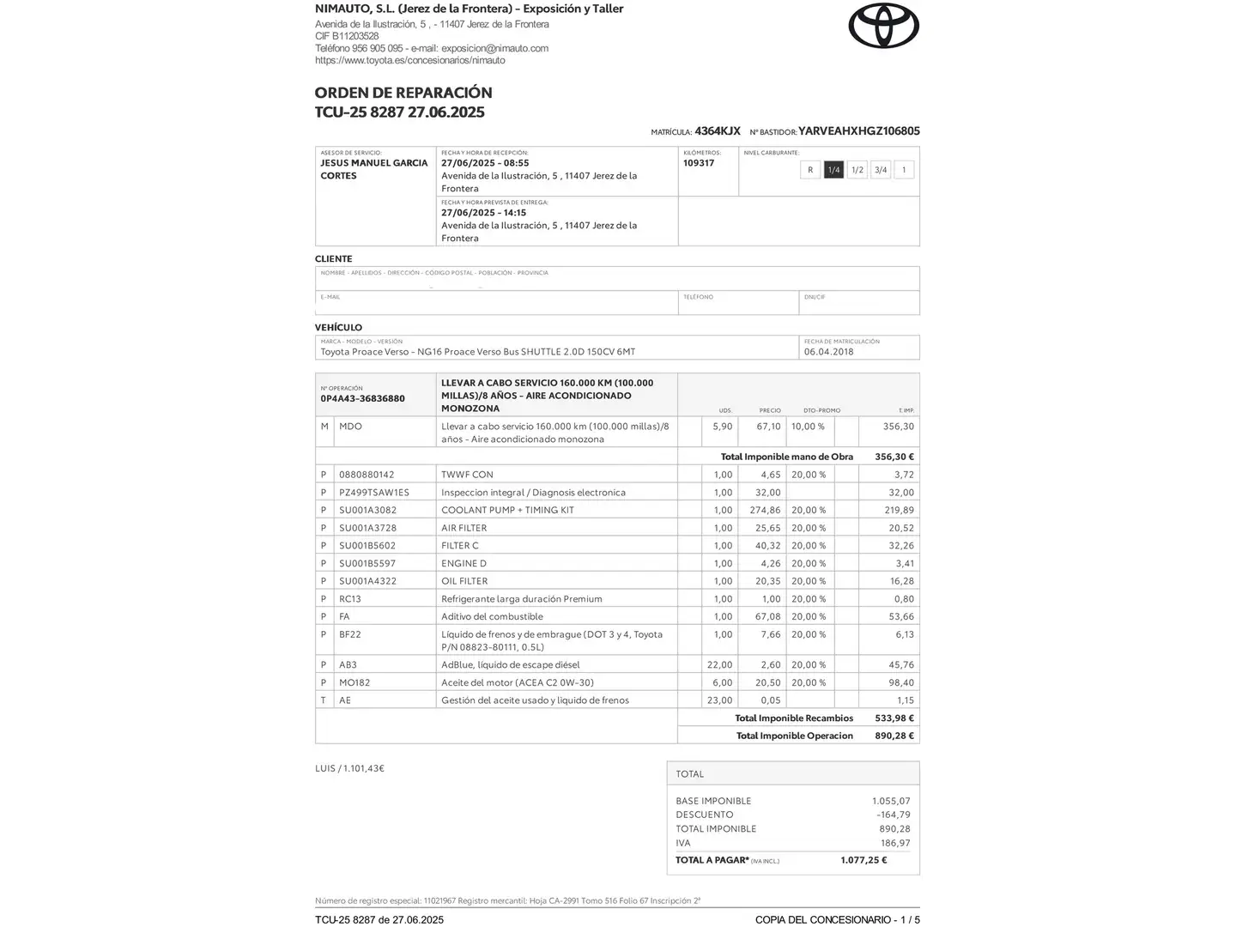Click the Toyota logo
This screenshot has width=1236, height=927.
[883, 26]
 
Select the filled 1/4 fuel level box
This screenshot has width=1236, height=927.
[833, 170]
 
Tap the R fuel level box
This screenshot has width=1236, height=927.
[810, 170]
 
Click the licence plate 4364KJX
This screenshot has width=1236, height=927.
[718, 131]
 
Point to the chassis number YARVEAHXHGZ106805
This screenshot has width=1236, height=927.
[858, 131]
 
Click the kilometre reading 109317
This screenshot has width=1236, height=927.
[699, 163]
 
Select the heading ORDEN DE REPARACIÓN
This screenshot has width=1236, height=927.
[403, 93]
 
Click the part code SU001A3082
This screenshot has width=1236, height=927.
[367, 510]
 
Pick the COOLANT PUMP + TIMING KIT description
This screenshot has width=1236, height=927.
[507, 510]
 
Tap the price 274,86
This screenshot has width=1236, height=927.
[765, 510]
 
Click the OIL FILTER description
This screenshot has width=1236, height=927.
[464, 581]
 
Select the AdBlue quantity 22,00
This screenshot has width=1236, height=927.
[719, 664]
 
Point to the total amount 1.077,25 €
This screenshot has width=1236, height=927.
[863, 860]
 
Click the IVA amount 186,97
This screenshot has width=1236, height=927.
[895, 843]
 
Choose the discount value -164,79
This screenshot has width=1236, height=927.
[893, 815]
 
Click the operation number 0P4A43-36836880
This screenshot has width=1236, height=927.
[362, 398]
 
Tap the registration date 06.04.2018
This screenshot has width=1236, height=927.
[828, 352]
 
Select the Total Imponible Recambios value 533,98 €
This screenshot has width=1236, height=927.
[894, 718]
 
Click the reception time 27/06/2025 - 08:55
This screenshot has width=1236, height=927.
[485, 163]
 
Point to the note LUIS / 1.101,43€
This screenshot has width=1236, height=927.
[349, 768]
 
